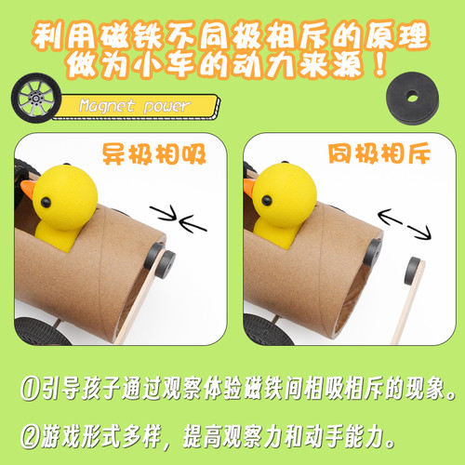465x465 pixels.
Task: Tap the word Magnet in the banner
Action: pos(101,106)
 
